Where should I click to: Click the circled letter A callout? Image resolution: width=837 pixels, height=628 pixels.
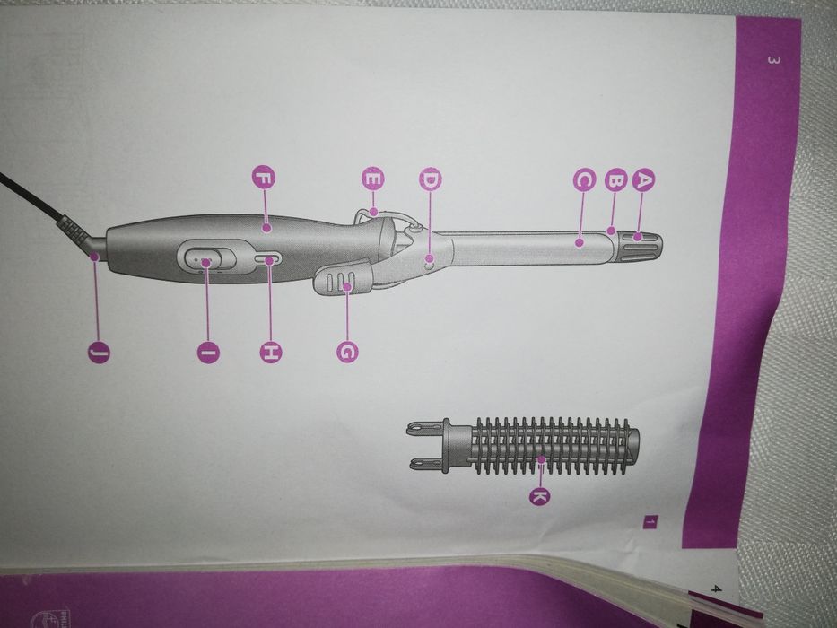click(x=644, y=179)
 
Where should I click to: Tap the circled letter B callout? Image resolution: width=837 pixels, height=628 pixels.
click(x=616, y=180)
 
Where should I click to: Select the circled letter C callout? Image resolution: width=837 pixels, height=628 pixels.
click(x=584, y=180)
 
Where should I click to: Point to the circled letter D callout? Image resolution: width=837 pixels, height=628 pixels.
click(x=431, y=180)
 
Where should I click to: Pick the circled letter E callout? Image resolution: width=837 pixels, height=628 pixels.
click(x=373, y=179)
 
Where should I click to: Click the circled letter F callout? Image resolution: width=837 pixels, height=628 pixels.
click(x=263, y=178)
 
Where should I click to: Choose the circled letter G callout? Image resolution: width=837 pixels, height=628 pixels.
click(x=347, y=352)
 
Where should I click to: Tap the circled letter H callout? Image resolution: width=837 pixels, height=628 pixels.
click(x=271, y=352)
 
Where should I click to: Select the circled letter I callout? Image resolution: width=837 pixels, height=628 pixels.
click(x=208, y=352)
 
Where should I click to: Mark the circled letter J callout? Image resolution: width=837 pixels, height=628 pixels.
click(x=99, y=352)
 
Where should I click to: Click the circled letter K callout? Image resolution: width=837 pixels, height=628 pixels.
click(x=540, y=496)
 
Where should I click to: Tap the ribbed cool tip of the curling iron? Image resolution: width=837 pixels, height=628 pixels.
click(x=640, y=248)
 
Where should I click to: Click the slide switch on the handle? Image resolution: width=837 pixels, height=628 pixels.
click(x=206, y=259)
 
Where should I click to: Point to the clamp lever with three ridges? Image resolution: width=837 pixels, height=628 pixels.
click(x=343, y=277)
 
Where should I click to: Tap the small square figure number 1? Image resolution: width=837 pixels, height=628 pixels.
click(x=650, y=522)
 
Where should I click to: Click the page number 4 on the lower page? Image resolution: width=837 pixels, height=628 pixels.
click(x=717, y=589)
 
